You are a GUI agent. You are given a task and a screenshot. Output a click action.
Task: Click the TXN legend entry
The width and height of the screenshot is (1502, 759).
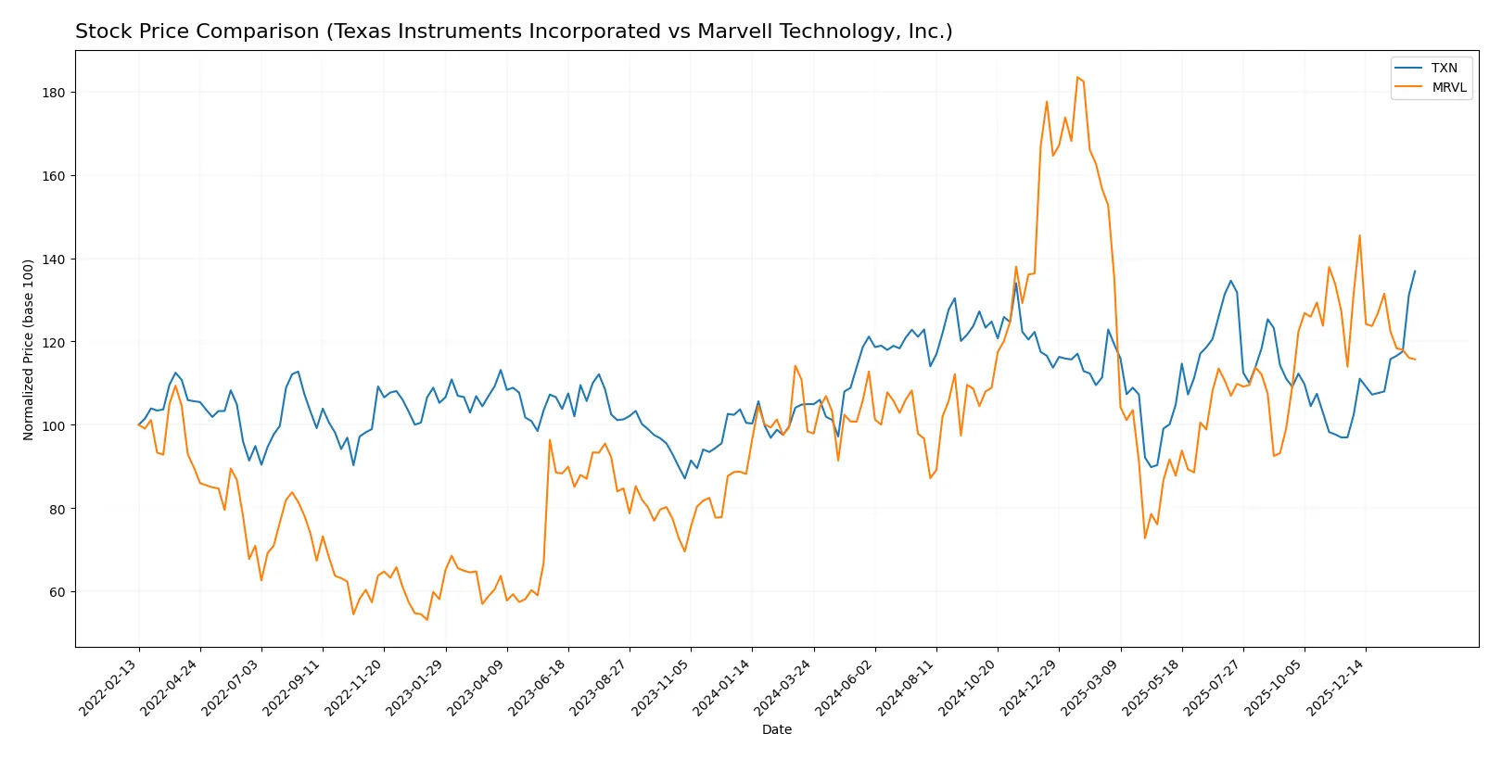(1444, 68)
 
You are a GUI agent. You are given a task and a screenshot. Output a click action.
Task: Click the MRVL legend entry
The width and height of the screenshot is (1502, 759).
(1448, 87)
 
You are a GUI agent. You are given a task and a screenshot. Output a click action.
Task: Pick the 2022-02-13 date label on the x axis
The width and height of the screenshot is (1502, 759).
(109, 687)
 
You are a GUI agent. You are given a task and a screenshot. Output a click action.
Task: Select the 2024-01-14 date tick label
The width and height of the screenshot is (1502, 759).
(723, 687)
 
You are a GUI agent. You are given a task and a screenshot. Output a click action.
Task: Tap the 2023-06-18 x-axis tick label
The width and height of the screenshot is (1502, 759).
(539, 687)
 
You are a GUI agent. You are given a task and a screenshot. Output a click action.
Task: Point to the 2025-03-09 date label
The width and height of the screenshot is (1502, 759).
(1091, 687)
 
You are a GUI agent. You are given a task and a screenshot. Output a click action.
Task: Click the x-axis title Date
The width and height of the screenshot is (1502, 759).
(776, 730)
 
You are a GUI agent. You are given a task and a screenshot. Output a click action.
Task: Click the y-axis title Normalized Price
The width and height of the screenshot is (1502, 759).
(29, 349)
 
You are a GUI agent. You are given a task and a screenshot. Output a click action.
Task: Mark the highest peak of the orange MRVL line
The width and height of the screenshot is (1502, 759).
(1077, 77)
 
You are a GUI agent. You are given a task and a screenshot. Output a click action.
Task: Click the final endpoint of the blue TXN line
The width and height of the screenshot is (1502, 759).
(1415, 272)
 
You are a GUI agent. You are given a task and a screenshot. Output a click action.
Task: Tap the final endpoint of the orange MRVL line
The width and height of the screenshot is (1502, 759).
(1415, 360)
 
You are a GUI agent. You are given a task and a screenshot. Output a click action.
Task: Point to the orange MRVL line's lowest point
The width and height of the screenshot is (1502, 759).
(426, 619)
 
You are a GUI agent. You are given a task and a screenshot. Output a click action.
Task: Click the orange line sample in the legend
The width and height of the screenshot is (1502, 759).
(1408, 87)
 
